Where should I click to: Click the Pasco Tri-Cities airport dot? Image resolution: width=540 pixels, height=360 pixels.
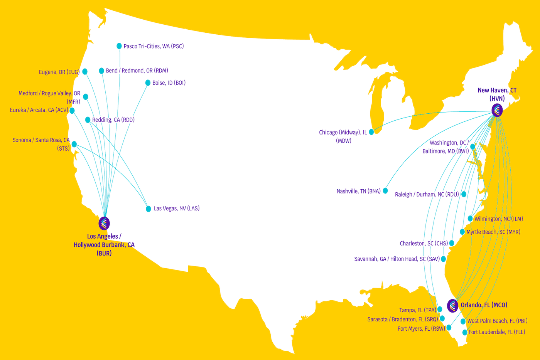pos(119,46)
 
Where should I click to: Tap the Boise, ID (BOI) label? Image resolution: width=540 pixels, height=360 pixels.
pos(169,83)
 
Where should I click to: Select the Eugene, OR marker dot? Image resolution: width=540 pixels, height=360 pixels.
pos(85,72)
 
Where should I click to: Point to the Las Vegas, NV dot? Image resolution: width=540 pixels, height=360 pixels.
pos(148,209)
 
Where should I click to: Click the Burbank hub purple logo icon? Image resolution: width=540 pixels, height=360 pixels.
pos(104,223)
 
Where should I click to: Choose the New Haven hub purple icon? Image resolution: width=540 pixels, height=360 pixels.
pos(497,111)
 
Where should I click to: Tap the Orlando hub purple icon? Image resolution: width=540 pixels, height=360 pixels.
pos(452,306)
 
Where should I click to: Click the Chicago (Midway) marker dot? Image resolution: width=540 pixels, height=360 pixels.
pos(371,132)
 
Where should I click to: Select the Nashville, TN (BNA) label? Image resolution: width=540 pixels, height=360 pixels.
pos(358,191)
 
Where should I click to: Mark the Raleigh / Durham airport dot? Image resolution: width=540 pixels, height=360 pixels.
pos(464,194)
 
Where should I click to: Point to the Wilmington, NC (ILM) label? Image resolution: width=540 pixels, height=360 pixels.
pos(499,219)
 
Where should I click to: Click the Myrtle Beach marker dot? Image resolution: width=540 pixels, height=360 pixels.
pos(462,232)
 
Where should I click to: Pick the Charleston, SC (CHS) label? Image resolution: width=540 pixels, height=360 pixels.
pos(424,244)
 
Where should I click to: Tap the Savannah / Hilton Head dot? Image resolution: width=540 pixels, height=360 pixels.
pos(444,259)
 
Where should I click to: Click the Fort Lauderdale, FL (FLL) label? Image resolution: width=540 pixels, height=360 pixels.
pos(497,332)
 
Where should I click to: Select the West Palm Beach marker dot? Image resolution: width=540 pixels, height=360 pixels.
pos(463,321)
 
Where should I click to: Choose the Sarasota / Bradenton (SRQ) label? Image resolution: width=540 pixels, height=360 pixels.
pos(403,320)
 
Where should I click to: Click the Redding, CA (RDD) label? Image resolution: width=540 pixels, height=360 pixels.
pos(113,120)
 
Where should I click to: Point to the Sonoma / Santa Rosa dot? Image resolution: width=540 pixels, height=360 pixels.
pos(74,144)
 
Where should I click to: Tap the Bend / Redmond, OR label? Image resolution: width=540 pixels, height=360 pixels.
pos(137,71)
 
